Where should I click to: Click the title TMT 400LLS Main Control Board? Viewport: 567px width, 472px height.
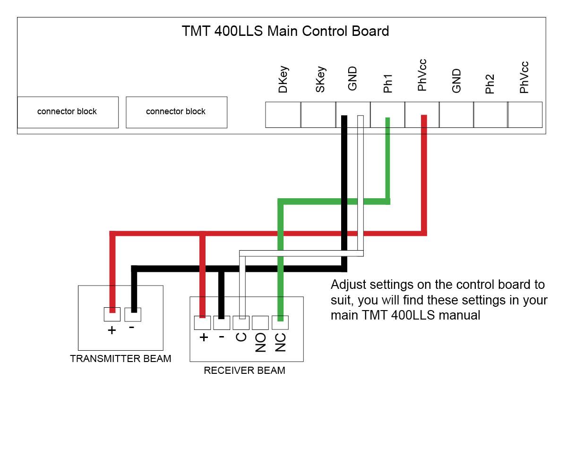pos(285,31)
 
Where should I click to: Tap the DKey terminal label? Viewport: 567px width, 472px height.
pos(283,80)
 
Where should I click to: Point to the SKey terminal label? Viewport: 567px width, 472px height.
pos(320,80)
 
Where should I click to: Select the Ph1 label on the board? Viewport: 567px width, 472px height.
pos(388,83)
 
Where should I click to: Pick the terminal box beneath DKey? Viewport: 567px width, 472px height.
pos(283,115)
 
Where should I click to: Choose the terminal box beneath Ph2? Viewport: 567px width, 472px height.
pos(490,115)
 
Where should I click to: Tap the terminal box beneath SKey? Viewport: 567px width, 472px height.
pos(318,115)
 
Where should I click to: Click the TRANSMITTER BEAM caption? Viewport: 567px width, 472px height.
pos(120,359)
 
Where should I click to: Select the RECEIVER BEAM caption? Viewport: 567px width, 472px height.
pos(244,371)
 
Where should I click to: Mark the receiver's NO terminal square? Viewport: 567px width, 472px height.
pos(260,323)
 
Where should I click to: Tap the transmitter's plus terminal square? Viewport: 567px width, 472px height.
pos(112,314)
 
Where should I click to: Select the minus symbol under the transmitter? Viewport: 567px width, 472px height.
pos(132,327)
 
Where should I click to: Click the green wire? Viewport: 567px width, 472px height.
pos(331,202)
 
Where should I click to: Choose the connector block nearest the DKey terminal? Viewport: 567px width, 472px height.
pos(176,112)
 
